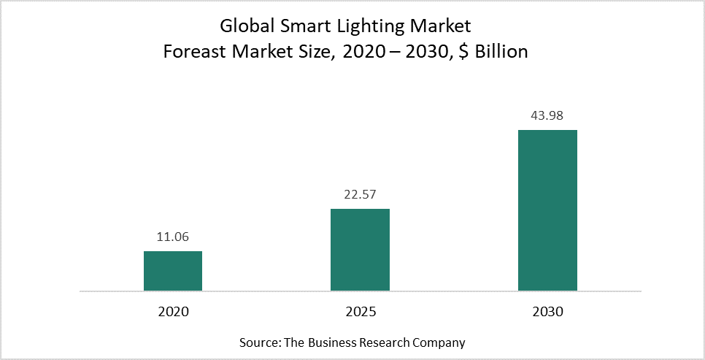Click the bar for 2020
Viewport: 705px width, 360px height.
(x=173, y=271)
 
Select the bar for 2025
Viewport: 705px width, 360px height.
(x=360, y=250)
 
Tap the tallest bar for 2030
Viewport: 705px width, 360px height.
(x=547, y=210)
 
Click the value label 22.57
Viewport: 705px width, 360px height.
(x=360, y=195)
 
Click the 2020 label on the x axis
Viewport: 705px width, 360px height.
(x=173, y=311)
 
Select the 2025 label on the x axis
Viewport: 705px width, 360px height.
(x=360, y=311)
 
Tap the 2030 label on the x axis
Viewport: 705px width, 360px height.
(x=547, y=311)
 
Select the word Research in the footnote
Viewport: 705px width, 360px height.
(x=393, y=342)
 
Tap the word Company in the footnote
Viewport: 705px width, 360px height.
(x=442, y=342)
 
